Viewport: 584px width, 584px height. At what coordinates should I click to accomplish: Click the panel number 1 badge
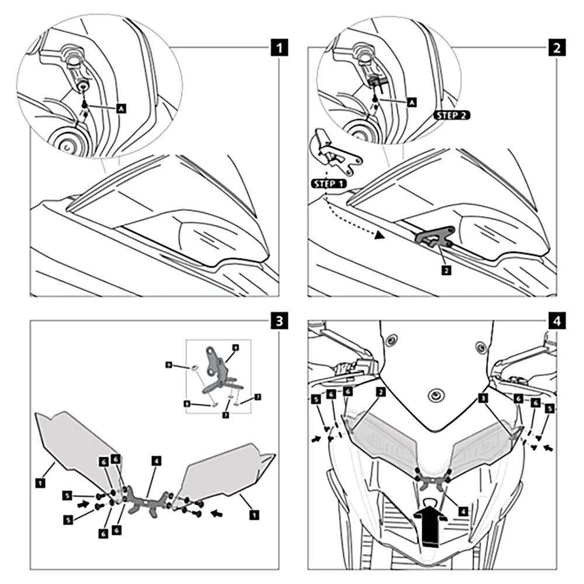click(281, 47)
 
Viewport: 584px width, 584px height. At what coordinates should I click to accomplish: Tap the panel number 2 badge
click(556, 47)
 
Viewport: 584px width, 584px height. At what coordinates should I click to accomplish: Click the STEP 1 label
click(329, 183)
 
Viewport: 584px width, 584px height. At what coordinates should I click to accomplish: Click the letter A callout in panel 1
click(121, 108)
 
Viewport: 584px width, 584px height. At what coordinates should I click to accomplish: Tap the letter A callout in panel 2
click(411, 102)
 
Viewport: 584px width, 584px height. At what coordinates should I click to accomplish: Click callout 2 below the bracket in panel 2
click(446, 270)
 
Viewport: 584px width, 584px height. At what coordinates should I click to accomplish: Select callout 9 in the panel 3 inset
click(168, 364)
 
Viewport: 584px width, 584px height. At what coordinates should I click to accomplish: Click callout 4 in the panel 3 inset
click(235, 347)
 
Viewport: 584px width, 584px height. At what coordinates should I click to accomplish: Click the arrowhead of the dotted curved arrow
click(380, 235)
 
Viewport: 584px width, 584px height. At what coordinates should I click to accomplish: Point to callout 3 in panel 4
click(482, 397)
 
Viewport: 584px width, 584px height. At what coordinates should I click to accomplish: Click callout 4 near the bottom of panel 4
click(463, 509)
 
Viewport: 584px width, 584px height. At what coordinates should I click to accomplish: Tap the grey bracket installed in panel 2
click(434, 236)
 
